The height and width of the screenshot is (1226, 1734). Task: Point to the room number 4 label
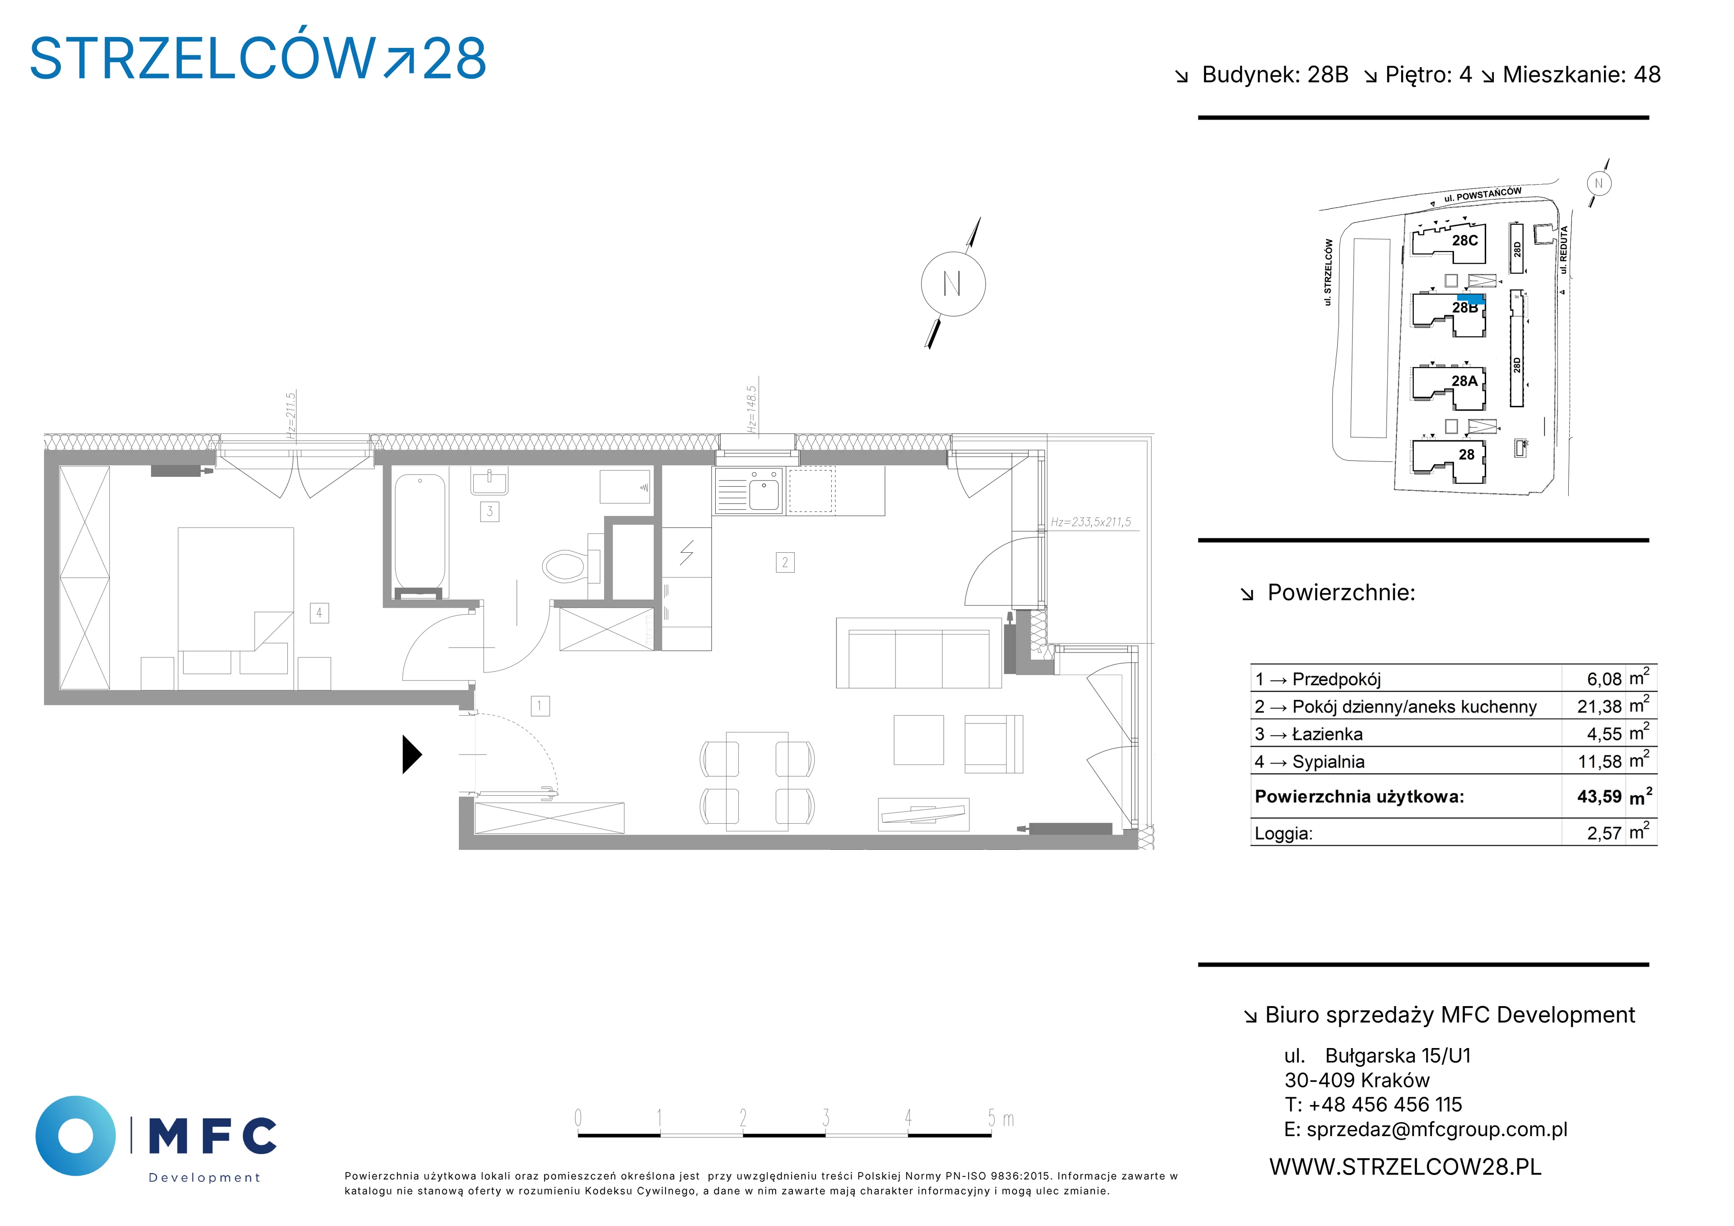tap(319, 613)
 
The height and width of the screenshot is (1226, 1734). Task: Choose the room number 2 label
tap(785, 562)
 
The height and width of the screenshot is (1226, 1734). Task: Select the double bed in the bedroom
tap(236, 608)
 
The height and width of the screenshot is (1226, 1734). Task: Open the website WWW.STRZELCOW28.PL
tap(1405, 1167)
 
